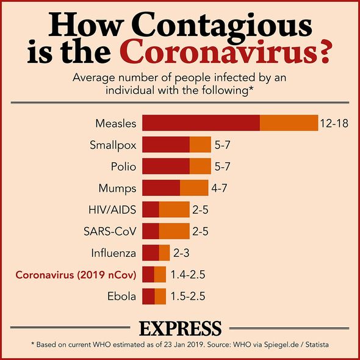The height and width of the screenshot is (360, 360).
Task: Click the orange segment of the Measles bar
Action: point(289,123)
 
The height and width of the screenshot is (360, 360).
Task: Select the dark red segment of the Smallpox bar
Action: point(166,145)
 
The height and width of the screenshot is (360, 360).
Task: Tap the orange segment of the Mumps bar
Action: point(194,188)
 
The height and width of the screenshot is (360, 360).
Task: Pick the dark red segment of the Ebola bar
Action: point(148,297)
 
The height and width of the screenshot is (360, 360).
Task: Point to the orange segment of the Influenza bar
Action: point(164,253)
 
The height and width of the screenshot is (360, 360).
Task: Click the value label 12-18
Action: point(334,123)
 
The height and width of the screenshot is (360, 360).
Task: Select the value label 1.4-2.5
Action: point(188,275)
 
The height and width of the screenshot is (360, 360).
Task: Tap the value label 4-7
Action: point(219,189)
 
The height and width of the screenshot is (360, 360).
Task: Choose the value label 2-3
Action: point(181,253)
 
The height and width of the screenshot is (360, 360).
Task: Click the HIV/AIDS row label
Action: point(112,210)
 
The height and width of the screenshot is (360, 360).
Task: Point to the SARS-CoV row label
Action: point(110,231)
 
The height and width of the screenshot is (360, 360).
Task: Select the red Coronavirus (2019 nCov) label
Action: point(76,275)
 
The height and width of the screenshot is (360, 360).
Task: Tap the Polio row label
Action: point(123,167)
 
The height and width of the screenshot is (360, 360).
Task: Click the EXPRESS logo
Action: point(181,328)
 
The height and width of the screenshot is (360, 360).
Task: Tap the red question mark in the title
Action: point(321,51)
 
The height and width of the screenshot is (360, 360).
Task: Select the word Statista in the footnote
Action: point(317,345)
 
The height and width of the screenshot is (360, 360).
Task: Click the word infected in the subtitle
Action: point(234,77)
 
